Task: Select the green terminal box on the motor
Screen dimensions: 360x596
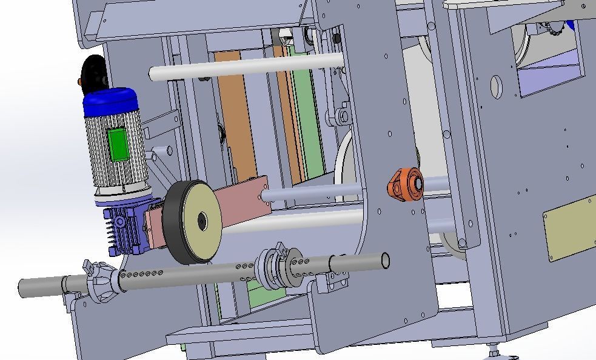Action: pos(117,144)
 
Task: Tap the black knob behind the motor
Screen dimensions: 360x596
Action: pos(93,70)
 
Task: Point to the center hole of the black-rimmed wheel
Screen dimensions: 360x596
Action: pos(202,222)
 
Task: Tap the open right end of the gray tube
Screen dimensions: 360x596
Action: pos(384,261)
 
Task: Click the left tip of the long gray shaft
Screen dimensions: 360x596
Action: pos(23,287)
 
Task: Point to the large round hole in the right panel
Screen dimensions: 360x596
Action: pos(496,87)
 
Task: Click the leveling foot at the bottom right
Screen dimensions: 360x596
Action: pos(494,350)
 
